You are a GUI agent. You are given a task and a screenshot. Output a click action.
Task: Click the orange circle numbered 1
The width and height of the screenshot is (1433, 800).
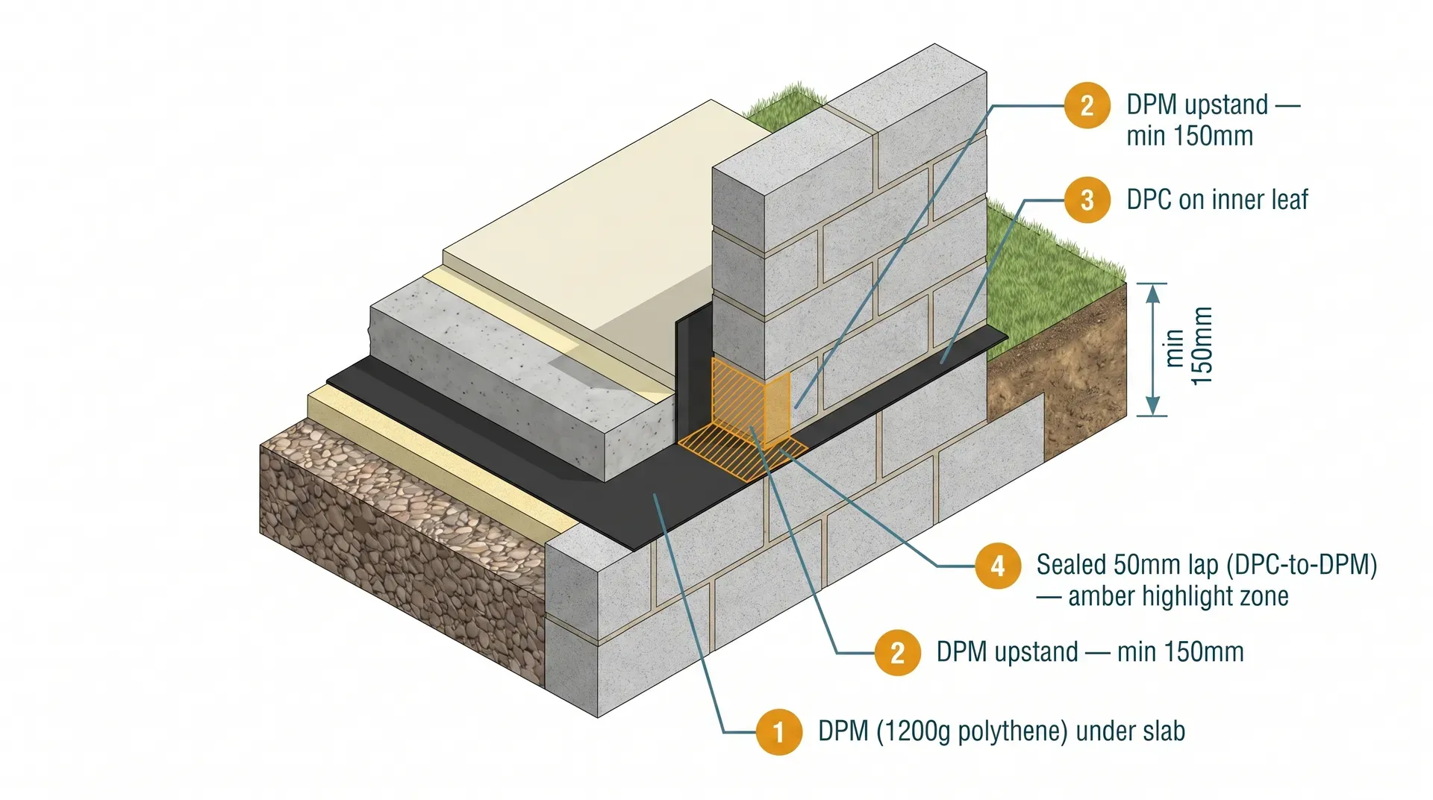point(778,732)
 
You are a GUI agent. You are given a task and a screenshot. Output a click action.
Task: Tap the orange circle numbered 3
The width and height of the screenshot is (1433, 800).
point(1087,200)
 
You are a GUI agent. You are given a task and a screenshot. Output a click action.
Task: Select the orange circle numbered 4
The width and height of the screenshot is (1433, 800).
point(997,566)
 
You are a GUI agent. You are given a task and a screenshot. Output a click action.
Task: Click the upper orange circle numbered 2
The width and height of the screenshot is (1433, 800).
point(1087,105)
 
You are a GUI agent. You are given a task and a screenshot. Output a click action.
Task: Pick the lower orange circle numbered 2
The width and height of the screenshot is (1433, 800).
point(897,653)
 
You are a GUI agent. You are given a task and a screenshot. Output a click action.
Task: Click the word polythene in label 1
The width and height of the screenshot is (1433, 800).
point(1011,731)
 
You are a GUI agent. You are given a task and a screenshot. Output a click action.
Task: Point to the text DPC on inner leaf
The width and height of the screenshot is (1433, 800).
point(1217,200)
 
